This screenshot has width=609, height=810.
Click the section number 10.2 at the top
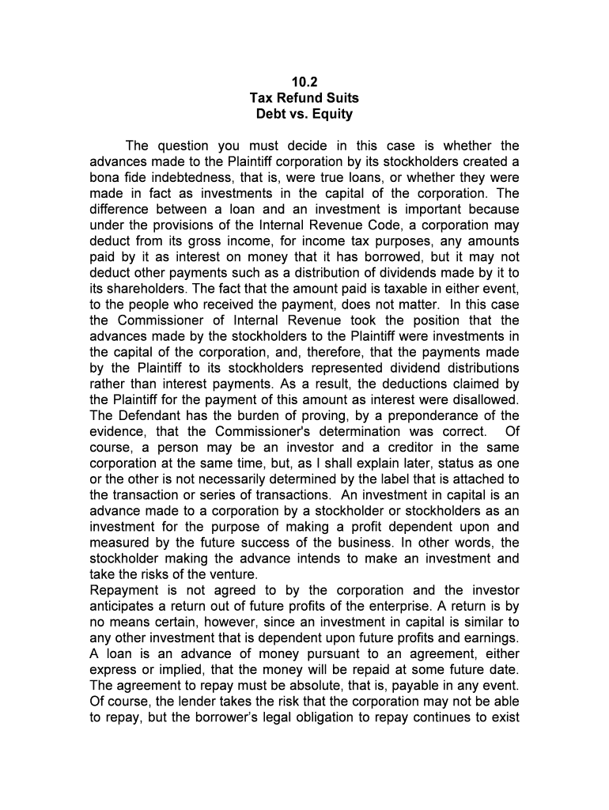coord(304,82)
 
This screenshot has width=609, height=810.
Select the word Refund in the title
coord(304,98)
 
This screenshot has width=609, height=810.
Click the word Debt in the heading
coord(270,114)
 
